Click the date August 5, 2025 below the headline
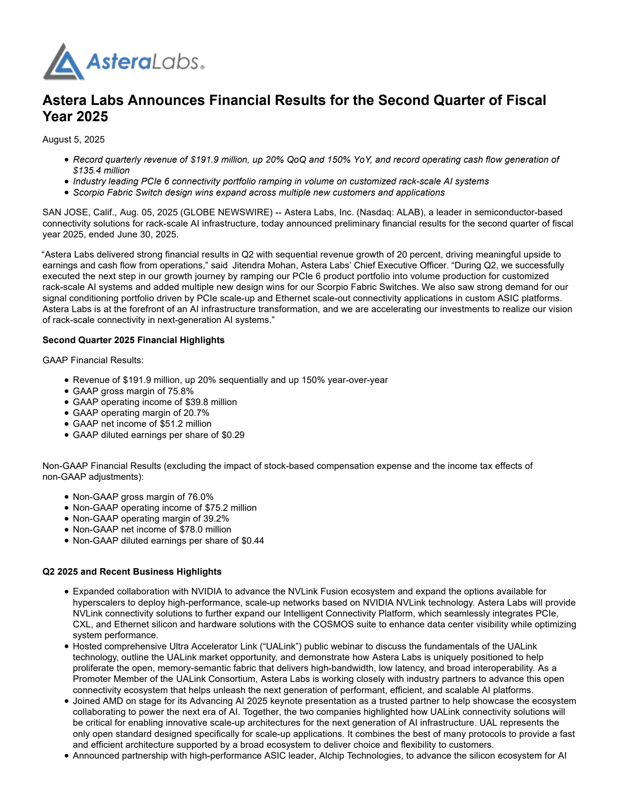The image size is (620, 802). coord(73,139)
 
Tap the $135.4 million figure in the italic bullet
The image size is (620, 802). coord(101,170)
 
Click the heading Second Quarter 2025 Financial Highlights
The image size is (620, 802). coord(133,340)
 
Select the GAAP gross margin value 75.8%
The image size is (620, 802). coord(181,391)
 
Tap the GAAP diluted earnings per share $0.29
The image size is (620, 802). coord(233,435)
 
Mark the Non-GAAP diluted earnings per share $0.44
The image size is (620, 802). coord(253,541)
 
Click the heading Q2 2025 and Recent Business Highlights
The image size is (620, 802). coord(132,572)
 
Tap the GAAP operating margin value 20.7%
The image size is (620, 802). coord(196,413)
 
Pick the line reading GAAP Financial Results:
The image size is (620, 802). coord(93,360)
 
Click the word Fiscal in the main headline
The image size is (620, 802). coord(526,100)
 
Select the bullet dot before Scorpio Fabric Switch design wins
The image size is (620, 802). coord(67,193)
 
